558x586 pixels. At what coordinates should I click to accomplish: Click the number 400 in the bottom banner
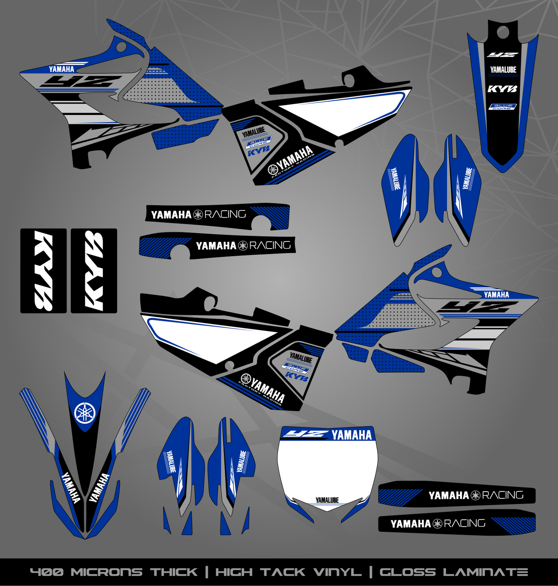tap(46, 572)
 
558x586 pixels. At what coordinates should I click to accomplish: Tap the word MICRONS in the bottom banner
tap(107, 572)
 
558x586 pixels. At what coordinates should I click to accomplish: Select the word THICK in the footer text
tap(174, 572)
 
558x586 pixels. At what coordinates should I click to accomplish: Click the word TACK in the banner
tap(283, 572)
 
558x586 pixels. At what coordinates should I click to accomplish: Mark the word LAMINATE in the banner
tap(485, 572)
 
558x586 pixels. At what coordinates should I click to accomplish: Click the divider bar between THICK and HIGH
tap(207, 572)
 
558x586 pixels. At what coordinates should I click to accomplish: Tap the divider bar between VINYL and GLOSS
tap(371, 572)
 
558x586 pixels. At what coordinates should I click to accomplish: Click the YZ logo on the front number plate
tap(305, 434)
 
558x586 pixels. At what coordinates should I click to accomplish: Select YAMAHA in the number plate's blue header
tap(351, 435)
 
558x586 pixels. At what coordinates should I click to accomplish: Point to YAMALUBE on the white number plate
tap(327, 500)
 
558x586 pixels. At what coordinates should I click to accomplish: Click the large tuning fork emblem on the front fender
tap(85, 413)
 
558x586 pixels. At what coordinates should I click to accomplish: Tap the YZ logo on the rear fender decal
tap(502, 55)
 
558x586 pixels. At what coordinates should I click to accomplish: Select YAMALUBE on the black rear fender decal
tap(503, 70)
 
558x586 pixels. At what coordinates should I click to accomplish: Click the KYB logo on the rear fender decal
tap(502, 89)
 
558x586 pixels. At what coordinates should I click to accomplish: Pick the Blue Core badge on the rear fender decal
tap(502, 107)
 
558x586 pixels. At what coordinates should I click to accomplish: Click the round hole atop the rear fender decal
tap(502, 32)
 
